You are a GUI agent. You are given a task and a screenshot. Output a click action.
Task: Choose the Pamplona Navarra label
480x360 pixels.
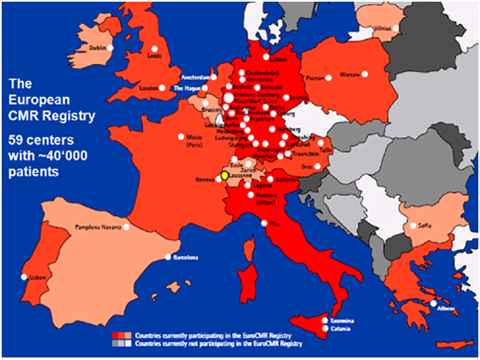pos(100,226)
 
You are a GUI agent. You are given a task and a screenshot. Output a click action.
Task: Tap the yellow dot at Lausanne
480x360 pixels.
pos(226,176)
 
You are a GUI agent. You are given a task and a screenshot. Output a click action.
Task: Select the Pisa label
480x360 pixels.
pos(274,222)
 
